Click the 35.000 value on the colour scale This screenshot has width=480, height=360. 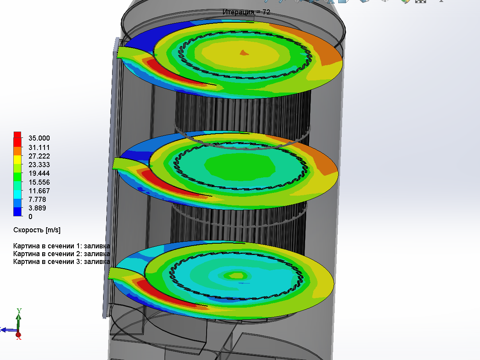[39, 138]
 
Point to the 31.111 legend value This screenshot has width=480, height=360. [39, 148]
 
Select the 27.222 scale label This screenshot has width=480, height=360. [39, 156]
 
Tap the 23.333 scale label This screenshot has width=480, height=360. [39, 165]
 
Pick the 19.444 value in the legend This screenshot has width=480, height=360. [39, 173]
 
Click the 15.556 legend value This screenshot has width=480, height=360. [39, 182]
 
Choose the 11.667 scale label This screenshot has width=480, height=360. [39, 191]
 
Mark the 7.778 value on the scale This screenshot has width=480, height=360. [37, 200]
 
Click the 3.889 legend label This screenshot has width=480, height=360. [37, 208]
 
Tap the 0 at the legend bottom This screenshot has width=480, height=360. [30, 217]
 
